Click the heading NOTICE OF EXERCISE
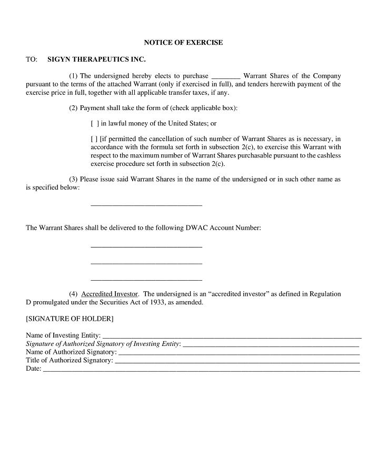click(x=183, y=43)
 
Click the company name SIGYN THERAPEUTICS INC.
click(x=96, y=60)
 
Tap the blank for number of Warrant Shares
click(x=225, y=76)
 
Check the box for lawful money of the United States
click(x=95, y=124)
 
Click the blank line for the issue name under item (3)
click(x=146, y=204)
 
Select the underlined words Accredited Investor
click(x=110, y=294)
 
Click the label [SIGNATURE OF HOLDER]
click(x=70, y=319)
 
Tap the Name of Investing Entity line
click(x=232, y=335)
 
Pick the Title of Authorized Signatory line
click(x=237, y=361)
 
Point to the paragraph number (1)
click(x=73, y=76)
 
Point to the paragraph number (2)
click(x=73, y=108)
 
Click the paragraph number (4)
click(x=73, y=294)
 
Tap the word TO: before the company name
click(x=32, y=60)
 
